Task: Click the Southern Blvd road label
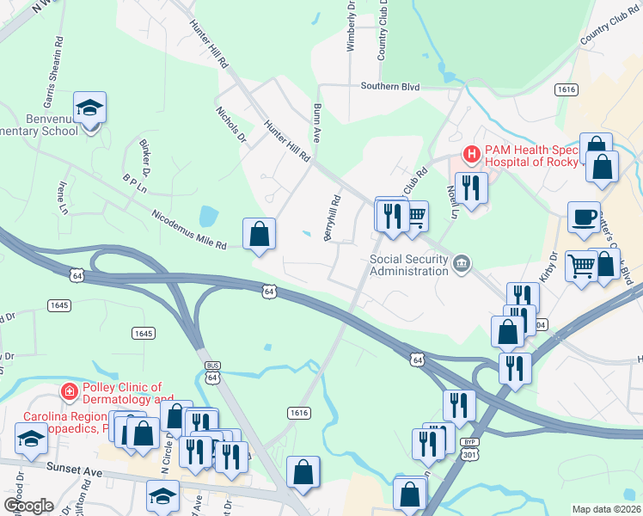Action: tap(389, 86)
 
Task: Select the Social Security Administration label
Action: tap(409, 264)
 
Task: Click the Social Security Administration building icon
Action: tap(462, 263)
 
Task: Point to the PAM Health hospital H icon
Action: tap(471, 155)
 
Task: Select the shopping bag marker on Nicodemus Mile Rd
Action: tap(260, 234)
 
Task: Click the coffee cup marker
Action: tap(585, 218)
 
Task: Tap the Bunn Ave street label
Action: tap(317, 122)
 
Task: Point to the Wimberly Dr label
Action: tap(351, 25)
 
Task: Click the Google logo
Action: tap(28, 506)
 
